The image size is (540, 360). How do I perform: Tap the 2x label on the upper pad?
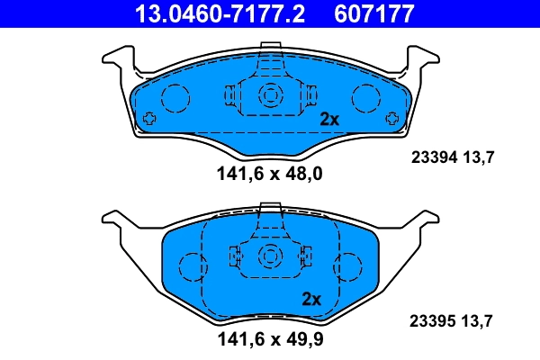coord(329,119)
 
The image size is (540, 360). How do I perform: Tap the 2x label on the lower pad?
coord(311,300)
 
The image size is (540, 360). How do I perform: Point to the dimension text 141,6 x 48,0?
coord(269,175)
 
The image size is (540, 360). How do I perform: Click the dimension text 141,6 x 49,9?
coord(269,340)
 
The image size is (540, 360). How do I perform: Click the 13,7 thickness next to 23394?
coord(477,157)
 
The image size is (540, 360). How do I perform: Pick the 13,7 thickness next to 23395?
coord(477,319)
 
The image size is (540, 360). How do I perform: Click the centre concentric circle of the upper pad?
coord(269,95)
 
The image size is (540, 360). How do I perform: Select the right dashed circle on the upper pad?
coord(364,96)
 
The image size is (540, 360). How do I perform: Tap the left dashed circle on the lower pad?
coord(192,266)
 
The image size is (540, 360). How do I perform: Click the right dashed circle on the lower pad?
coord(346,266)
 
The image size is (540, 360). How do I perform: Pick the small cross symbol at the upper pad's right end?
coord(390,118)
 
